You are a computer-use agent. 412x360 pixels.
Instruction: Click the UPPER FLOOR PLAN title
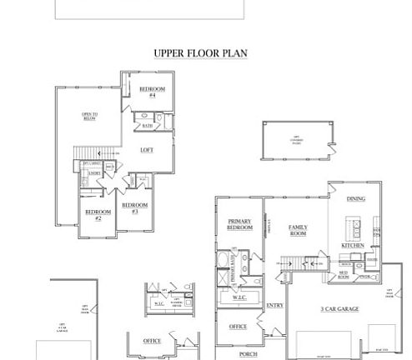point(200,53)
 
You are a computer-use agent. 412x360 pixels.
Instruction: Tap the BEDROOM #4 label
point(152,92)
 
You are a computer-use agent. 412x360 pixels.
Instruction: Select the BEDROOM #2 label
point(98,214)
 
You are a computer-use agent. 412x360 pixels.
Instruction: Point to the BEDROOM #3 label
point(134,207)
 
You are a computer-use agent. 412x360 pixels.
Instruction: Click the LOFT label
point(147,150)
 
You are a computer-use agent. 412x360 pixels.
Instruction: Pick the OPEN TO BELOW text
point(89,116)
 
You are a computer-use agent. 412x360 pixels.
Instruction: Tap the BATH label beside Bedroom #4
point(147,126)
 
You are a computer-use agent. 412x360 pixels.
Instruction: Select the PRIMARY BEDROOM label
point(240,224)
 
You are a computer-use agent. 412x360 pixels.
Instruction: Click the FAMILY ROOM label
point(298,230)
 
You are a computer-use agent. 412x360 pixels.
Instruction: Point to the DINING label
point(355,199)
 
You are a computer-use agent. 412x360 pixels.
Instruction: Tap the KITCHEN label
point(352,246)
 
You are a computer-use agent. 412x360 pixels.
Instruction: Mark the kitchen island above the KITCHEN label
point(354,227)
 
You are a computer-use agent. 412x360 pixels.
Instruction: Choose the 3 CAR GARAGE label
point(339,309)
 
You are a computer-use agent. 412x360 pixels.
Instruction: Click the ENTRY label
point(274,306)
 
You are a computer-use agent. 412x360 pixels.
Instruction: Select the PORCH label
point(248,354)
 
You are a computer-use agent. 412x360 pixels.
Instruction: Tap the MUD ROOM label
point(343,275)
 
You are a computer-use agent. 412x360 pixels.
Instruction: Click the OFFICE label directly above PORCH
point(238,327)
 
